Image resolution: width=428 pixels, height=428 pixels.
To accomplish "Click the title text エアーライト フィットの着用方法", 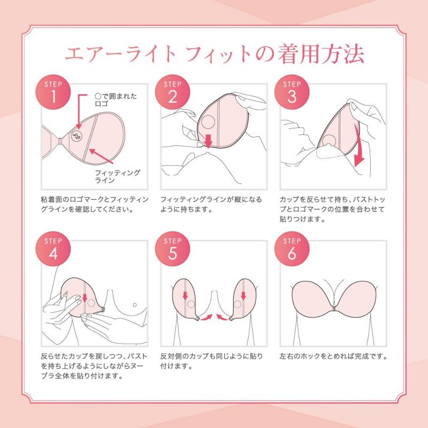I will click(214, 54).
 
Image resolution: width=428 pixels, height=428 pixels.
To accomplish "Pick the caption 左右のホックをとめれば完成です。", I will click(333, 356).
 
